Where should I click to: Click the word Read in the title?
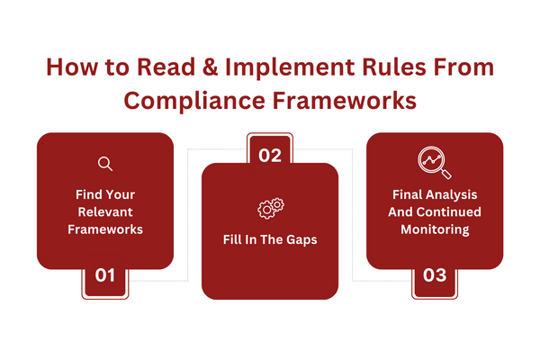[166, 67]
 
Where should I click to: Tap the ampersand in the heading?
[210, 67]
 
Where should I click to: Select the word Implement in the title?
[290, 68]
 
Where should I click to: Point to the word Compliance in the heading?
[194, 102]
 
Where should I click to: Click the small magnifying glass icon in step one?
[105, 164]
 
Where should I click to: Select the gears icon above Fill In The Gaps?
[271, 208]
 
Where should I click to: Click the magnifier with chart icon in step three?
[435, 163]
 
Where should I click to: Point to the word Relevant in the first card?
[105, 211]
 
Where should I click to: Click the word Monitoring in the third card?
[435, 229]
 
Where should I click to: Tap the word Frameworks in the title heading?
[345, 101]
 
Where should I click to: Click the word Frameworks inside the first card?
[105, 229]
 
